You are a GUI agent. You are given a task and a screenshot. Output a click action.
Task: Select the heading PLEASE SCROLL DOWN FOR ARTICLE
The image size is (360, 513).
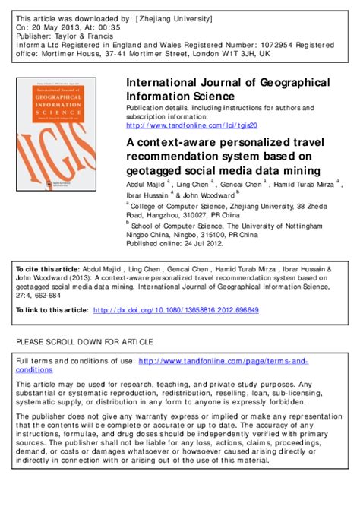[84, 341]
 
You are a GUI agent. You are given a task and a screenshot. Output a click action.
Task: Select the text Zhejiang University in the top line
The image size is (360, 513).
[164, 15]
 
